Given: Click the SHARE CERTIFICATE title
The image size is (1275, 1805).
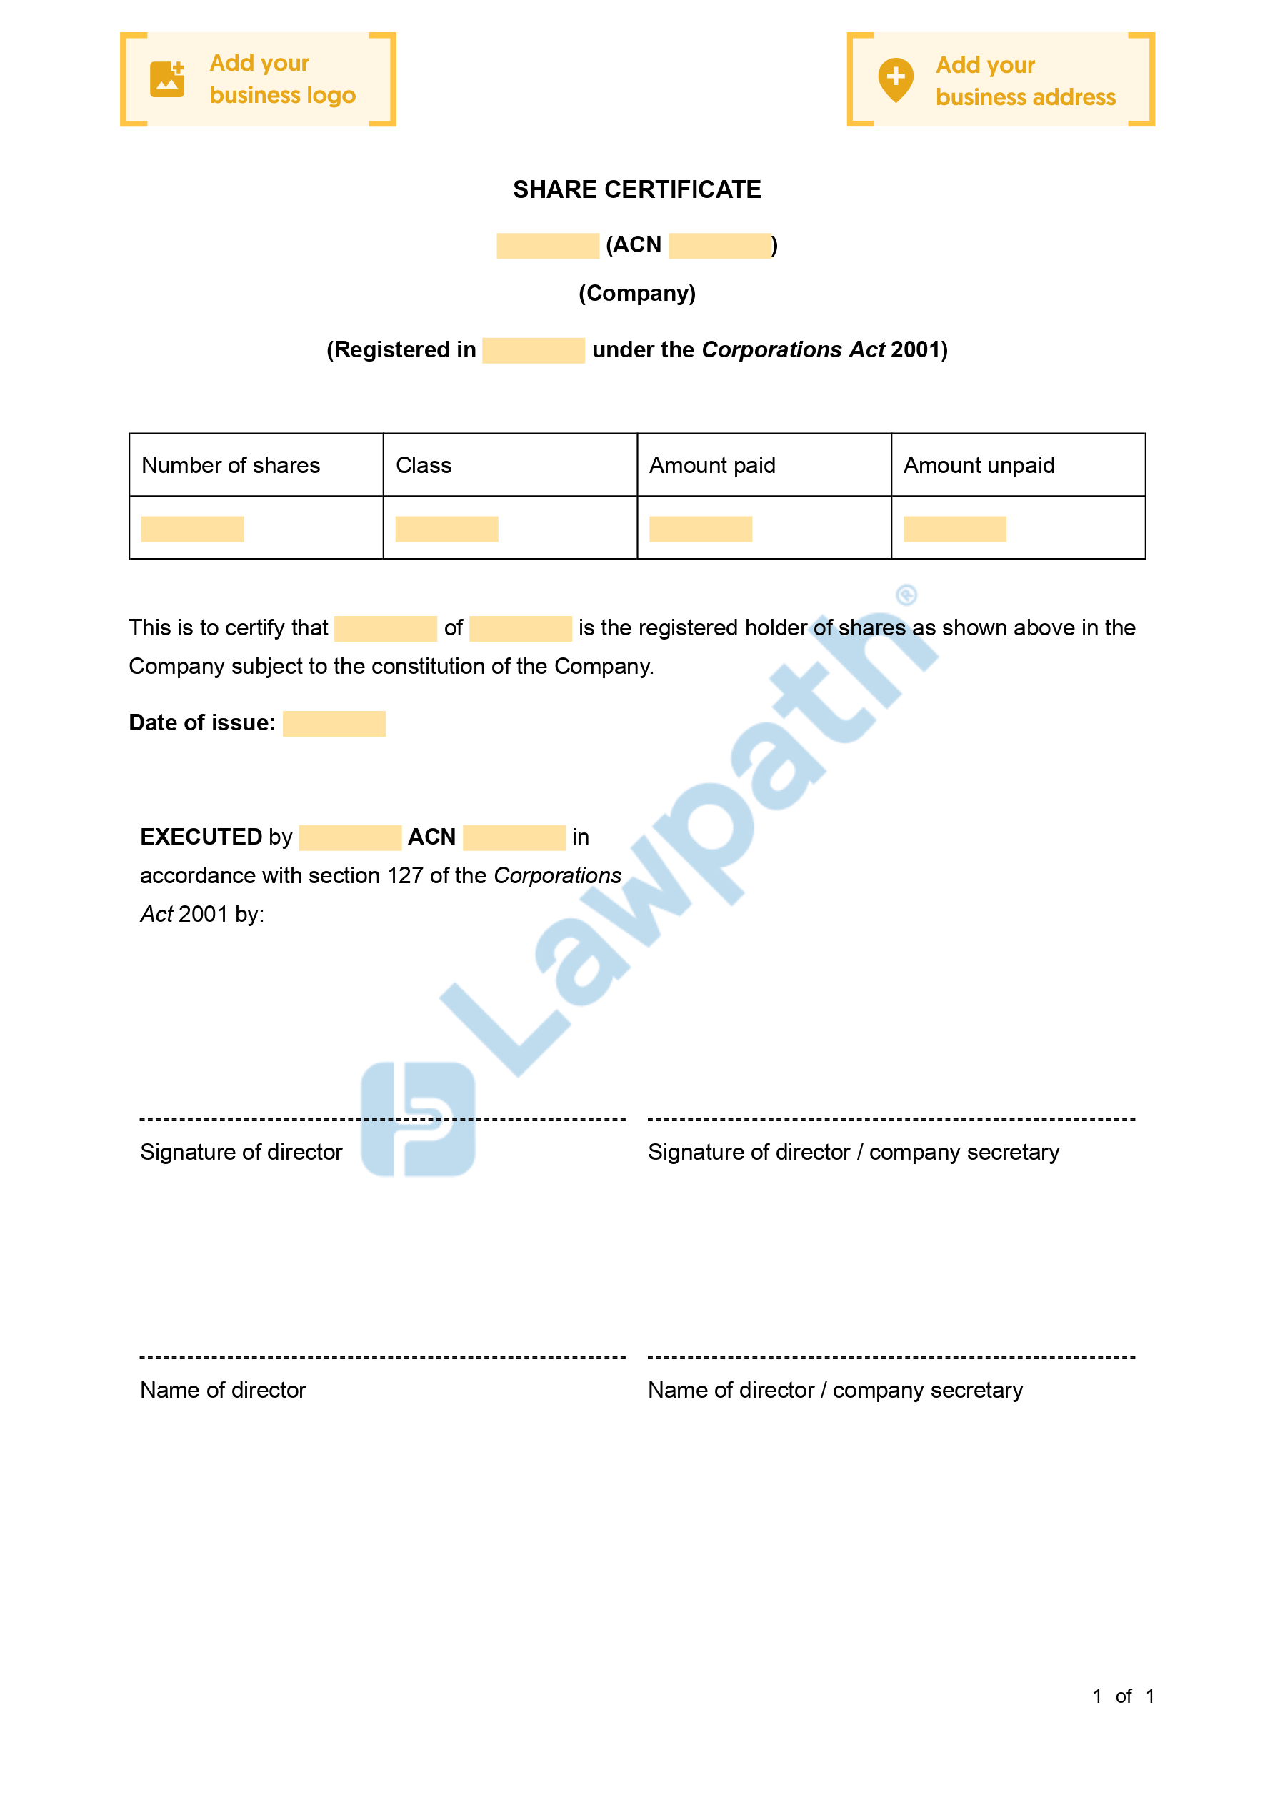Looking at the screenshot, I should (636, 189).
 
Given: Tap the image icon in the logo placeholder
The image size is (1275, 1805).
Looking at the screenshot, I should (166, 79).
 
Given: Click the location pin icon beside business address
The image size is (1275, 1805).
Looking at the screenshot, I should (895, 79).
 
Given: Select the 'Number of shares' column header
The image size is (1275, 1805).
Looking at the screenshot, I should (230, 465).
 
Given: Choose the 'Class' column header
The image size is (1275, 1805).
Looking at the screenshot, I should (424, 465).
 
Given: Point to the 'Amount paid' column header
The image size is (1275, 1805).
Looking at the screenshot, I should (712, 465).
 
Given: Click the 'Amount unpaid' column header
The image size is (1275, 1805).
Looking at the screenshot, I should (979, 465).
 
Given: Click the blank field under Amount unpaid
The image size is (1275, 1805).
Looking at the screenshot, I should (954, 529).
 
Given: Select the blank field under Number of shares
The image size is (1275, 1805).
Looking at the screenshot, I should (193, 529).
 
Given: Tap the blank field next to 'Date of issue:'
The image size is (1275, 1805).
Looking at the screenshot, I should (334, 723).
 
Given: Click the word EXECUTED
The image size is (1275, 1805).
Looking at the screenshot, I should (201, 837).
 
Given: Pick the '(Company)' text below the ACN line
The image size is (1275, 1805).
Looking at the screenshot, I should (636, 293).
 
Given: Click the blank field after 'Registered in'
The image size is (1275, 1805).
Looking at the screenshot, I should (533, 351).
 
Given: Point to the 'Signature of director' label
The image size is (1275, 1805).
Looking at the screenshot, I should (241, 1152).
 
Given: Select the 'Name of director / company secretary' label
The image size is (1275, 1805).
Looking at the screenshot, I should (835, 1390).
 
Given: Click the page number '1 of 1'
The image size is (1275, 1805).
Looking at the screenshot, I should (1123, 1696).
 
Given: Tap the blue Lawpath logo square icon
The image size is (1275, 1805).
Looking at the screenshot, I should (418, 1119).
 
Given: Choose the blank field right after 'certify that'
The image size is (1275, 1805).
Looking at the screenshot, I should (385, 628).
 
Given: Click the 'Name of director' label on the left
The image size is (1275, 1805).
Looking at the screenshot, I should (222, 1390).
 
